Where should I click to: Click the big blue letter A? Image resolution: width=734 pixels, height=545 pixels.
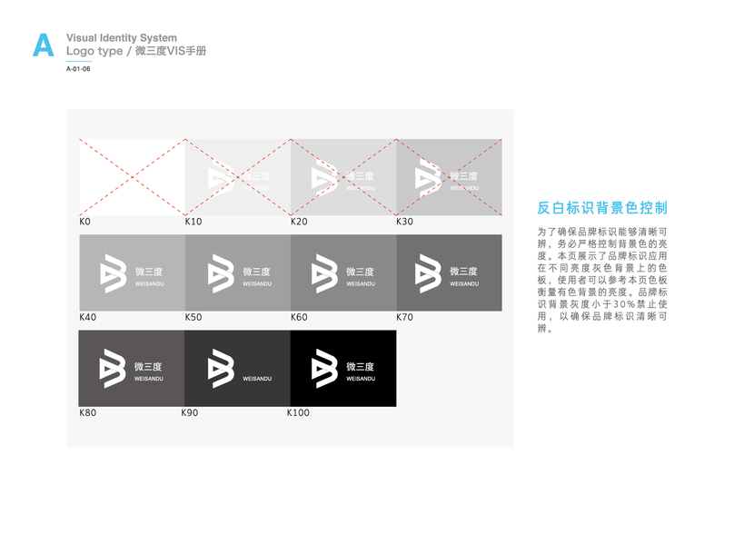tap(43, 45)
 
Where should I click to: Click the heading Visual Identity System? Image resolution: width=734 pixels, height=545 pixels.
tap(122, 37)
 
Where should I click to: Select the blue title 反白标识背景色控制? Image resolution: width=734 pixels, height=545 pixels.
tap(602, 207)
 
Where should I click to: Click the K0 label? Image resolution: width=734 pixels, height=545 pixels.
tap(85, 222)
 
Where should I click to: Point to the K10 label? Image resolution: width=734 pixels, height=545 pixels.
tap(193, 222)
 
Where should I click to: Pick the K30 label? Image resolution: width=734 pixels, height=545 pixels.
tap(404, 222)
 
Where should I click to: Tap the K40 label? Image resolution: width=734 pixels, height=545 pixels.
tap(87, 318)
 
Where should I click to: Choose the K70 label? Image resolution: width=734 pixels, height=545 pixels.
tap(404, 318)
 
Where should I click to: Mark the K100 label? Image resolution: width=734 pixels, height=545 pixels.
tap(298, 413)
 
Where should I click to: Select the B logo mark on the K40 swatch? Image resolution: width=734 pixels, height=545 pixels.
tap(113, 273)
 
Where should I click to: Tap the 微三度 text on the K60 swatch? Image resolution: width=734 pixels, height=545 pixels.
tap(356, 272)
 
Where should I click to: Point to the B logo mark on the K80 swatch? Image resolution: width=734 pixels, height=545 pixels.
tap(113, 369)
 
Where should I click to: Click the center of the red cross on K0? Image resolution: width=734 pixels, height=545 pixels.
tap(132, 177)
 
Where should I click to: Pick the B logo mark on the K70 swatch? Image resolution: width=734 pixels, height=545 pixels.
tap(429, 273)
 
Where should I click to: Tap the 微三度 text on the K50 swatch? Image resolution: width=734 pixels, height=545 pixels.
tap(256, 272)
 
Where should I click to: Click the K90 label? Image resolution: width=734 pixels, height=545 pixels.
tap(191, 413)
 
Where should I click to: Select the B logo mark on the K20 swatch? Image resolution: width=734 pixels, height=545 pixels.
tap(323, 177)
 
